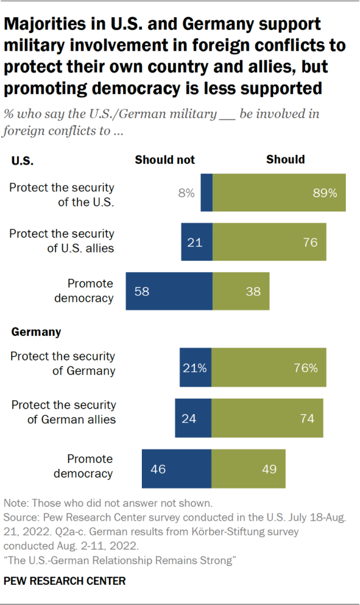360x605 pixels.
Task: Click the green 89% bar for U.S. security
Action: (x=279, y=193)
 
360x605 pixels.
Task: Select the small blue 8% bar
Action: (x=206, y=193)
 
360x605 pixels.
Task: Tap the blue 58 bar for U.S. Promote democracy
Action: (x=168, y=291)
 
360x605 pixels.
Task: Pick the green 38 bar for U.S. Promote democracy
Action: (x=241, y=291)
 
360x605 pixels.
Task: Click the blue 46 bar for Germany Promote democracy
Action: (x=176, y=469)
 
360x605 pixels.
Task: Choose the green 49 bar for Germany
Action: (x=248, y=469)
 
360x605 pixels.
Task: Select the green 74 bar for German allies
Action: (x=267, y=418)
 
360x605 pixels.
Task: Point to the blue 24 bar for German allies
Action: (x=193, y=418)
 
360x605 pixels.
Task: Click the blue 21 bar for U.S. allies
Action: (x=196, y=242)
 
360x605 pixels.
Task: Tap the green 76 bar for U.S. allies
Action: (x=269, y=242)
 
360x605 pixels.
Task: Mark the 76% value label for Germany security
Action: (x=306, y=368)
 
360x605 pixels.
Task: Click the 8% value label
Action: (x=186, y=193)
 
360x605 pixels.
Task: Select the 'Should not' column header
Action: (x=165, y=160)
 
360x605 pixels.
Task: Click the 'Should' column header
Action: (x=286, y=160)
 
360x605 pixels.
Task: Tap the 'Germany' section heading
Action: (x=36, y=332)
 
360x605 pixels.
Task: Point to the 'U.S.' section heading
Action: (x=22, y=160)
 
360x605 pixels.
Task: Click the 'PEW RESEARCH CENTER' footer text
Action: (x=64, y=581)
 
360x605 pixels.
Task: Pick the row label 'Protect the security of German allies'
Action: (x=63, y=412)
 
